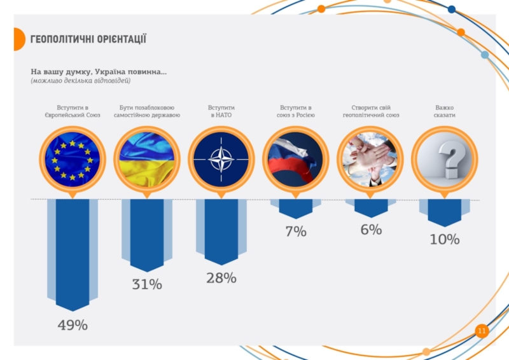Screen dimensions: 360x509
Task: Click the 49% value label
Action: point(73,325)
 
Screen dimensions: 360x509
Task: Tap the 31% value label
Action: point(147,285)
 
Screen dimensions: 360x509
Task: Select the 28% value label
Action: point(221,278)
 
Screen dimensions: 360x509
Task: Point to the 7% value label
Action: point(295,232)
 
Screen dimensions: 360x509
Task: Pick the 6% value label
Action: point(371,230)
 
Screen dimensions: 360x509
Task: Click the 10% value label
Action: point(444,240)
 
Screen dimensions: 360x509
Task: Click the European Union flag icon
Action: point(73,159)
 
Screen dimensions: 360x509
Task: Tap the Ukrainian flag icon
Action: point(147,159)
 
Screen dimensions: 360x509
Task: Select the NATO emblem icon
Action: point(221,159)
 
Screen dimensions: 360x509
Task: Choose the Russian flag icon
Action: point(296,159)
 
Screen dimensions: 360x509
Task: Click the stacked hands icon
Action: point(370,159)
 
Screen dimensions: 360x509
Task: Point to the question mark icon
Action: point(445,159)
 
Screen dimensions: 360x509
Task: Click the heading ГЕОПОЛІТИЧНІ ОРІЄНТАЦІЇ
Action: point(88,39)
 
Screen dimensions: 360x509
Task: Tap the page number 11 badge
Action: point(482,331)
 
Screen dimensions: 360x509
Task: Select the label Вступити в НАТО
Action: point(221,111)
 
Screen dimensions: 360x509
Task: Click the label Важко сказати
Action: point(445,111)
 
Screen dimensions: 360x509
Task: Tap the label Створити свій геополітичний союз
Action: point(371,111)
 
